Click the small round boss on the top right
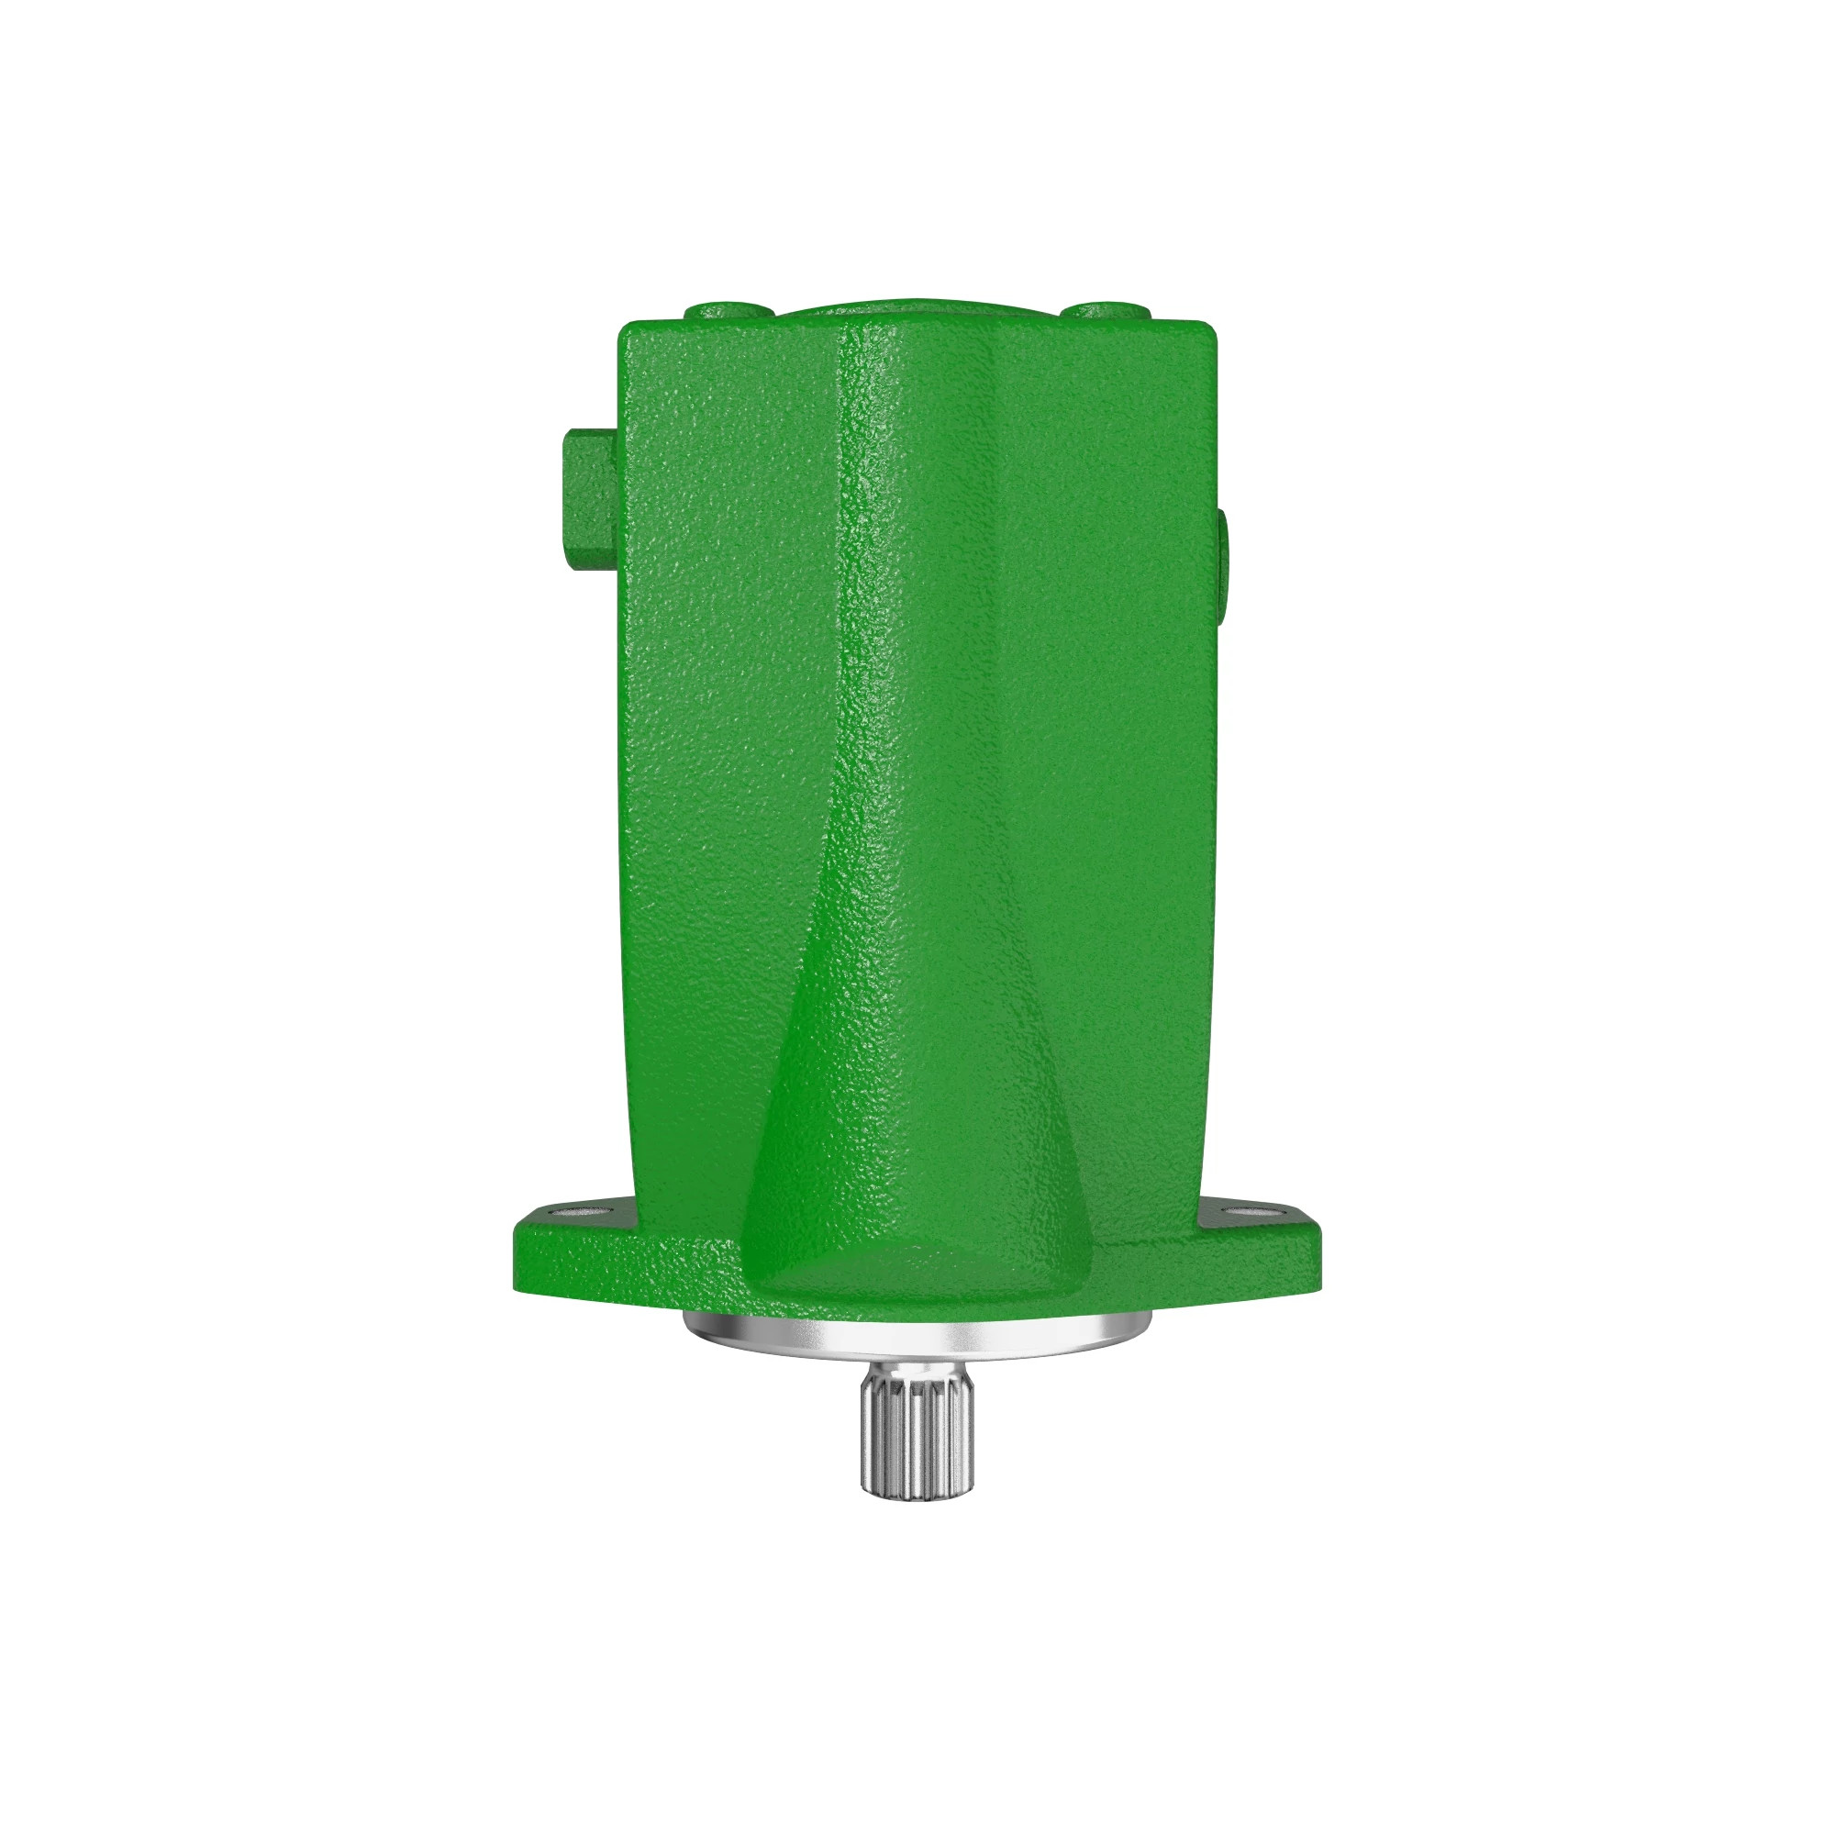pyautogui.click(x=1105, y=312)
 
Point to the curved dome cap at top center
pyautogui.click(x=917, y=311)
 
